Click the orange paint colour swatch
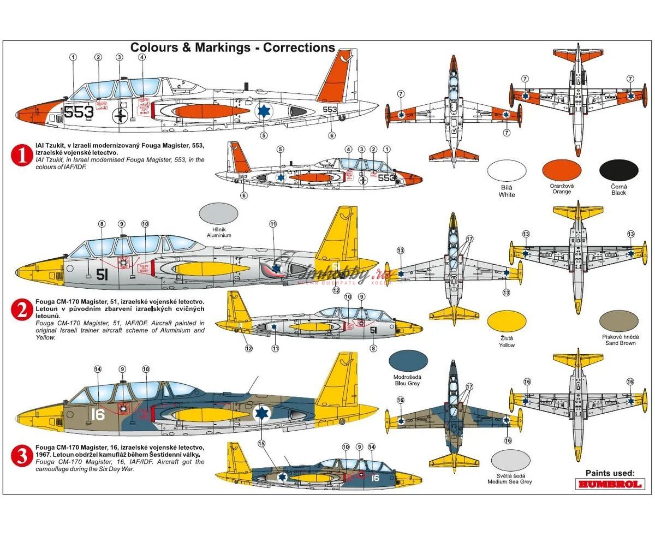(562, 170)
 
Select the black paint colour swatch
(618, 170)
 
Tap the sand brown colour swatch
(618, 322)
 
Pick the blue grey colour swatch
(408, 361)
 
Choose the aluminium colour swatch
(219, 213)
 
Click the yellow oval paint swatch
(507, 322)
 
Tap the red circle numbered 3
(22, 456)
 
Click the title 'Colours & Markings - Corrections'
(233, 47)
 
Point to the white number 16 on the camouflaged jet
(98, 414)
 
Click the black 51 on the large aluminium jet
(102, 275)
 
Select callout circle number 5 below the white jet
(264, 135)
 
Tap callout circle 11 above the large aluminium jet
(273, 224)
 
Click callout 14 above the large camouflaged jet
(98, 370)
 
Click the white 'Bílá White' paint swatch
(507, 170)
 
